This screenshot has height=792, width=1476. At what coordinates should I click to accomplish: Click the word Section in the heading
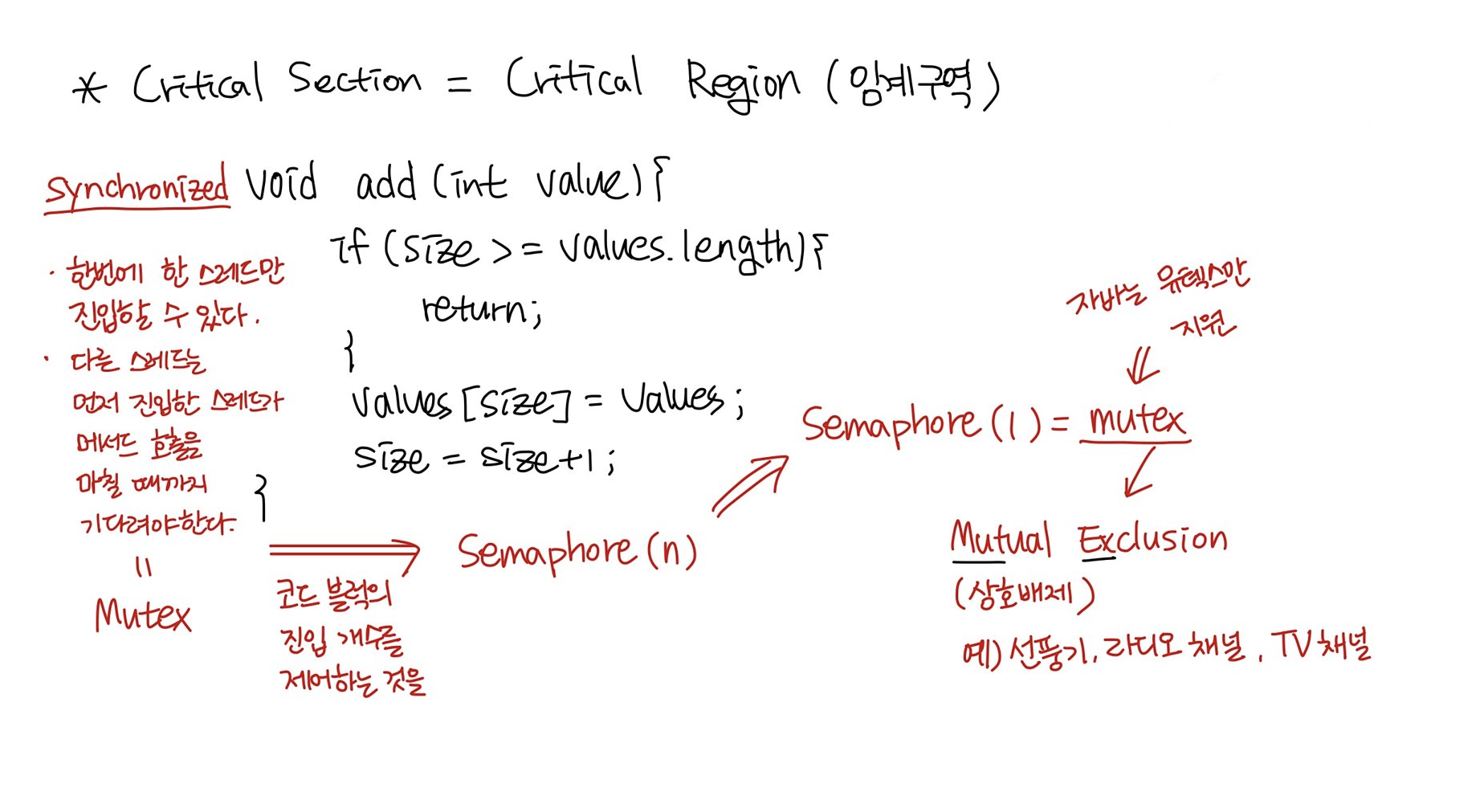click(x=353, y=80)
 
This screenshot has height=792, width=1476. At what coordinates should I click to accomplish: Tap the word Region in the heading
click(x=742, y=84)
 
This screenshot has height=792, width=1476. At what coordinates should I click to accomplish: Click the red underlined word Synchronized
click(x=137, y=186)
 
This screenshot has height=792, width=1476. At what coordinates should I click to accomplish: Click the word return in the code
click(x=479, y=308)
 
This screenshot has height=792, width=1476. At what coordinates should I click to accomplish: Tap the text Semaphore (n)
click(x=577, y=552)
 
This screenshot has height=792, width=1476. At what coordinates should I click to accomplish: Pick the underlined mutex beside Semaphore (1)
click(x=1136, y=419)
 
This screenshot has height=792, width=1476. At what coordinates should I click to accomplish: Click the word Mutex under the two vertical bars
click(x=142, y=615)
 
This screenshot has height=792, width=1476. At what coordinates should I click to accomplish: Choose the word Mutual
click(x=1000, y=539)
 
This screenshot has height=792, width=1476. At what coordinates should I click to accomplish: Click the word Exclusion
click(x=1152, y=539)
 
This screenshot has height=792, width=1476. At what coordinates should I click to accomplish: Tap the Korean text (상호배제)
click(x=1024, y=594)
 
